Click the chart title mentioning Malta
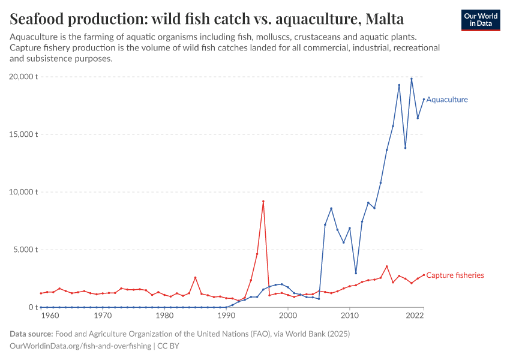[x=207, y=19]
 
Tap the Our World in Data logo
[x=480, y=20]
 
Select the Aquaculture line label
[x=446, y=100]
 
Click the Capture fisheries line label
[x=454, y=275]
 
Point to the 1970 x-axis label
[x=103, y=316]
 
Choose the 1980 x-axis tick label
[x=164, y=316]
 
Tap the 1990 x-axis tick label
[x=226, y=316]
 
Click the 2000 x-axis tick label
[x=288, y=316]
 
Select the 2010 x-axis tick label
[x=350, y=316]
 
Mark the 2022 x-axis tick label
[x=424, y=316]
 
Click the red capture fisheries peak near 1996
[x=263, y=202]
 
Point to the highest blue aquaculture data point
[x=412, y=79]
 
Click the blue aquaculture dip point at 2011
[x=356, y=273]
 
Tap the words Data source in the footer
[x=30, y=334]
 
